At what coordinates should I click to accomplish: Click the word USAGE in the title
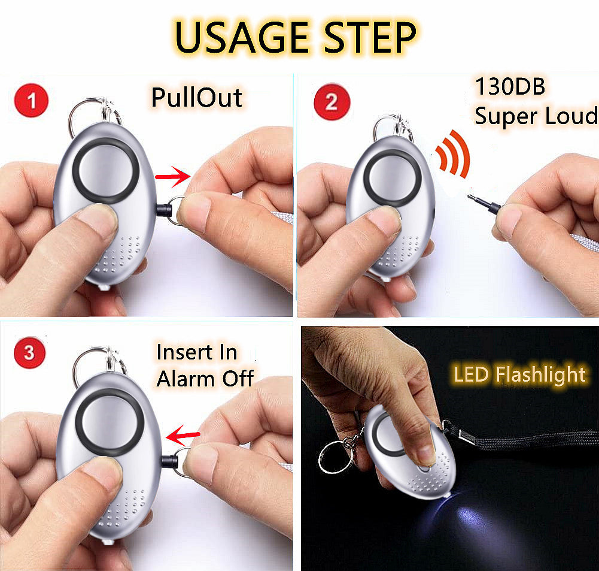242,37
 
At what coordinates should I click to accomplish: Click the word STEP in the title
370,37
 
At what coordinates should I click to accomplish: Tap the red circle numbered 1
31,101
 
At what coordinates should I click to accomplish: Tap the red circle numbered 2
332,101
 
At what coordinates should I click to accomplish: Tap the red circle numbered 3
29,352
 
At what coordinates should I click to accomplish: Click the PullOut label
197,98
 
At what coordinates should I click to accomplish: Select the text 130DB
510,86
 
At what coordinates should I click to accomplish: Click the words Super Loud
536,116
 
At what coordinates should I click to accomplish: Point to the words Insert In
197,352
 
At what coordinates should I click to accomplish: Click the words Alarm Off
205,379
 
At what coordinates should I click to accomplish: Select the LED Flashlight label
519,374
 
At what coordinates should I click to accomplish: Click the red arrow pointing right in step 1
173,176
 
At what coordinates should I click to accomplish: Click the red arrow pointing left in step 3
183,435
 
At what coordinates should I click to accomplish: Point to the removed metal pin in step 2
484,203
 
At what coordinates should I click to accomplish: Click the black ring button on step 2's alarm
393,178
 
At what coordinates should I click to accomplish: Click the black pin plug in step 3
169,461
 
